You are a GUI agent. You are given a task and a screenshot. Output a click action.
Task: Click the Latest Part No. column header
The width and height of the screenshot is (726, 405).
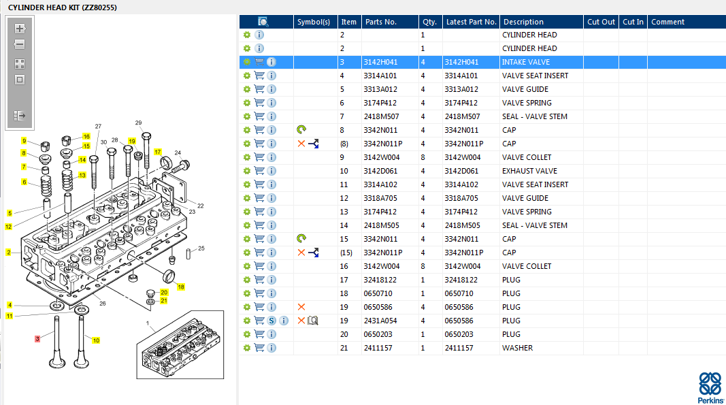(x=471, y=22)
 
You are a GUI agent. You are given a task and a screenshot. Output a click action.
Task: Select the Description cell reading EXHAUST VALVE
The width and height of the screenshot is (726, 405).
(x=529, y=171)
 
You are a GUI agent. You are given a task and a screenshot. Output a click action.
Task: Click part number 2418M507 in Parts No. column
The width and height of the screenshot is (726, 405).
(x=381, y=116)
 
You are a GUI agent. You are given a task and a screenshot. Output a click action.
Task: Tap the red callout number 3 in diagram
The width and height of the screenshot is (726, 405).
(x=37, y=339)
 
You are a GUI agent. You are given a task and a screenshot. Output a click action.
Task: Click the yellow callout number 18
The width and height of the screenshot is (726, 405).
(x=180, y=287)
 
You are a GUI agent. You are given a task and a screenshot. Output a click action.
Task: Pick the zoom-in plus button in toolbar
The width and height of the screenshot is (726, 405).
(x=20, y=29)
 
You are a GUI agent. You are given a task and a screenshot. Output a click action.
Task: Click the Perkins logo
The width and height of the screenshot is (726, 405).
(x=710, y=387)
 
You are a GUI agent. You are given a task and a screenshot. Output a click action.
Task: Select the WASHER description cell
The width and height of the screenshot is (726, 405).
(x=517, y=348)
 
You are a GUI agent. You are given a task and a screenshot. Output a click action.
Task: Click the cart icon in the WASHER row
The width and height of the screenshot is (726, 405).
(x=259, y=348)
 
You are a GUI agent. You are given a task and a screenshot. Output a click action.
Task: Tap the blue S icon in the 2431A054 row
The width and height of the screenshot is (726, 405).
(x=271, y=321)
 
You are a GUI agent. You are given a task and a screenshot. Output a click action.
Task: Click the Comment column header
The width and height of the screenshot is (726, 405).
(x=667, y=22)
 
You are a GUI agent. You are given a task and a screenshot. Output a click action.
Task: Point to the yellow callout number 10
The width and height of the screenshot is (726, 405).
(x=96, y=340)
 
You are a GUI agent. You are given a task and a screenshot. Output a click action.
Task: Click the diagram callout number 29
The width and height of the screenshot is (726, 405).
(x=138, y=123)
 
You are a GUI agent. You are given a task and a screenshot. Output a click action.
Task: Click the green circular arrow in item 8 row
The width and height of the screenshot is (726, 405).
(x=301, y=130)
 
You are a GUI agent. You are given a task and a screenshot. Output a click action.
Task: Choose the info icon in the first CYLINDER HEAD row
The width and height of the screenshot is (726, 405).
(x=259, y=35)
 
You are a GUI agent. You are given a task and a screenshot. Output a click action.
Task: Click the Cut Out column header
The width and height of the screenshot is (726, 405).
(x=601, y=22)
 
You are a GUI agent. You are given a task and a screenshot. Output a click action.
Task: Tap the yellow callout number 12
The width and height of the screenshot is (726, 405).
(x=8, y=227)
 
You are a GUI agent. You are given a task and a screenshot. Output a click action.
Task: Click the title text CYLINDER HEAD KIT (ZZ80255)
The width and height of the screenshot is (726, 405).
(x=63, y=7)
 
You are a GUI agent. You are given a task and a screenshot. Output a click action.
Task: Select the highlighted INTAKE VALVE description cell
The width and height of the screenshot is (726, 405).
(x=526, y=62)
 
